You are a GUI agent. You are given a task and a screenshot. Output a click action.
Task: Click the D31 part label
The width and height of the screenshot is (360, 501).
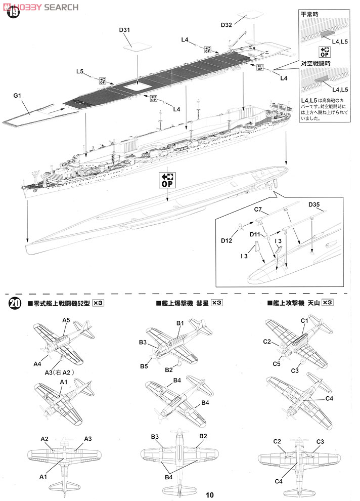point(125,30)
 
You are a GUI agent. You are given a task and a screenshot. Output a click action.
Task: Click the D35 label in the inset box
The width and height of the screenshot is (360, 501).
point(316,204)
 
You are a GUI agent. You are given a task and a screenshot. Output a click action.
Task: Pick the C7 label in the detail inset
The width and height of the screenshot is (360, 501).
point(257,208)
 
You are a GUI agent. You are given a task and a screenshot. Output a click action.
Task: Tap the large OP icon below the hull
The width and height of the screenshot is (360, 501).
point(167,180)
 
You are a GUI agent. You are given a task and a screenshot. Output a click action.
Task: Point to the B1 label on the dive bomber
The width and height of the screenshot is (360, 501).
point(179,322)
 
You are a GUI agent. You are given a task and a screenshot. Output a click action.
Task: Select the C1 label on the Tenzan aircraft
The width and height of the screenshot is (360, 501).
point(304,320)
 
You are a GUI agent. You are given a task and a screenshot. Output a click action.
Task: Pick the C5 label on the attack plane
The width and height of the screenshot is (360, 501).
point(277,363)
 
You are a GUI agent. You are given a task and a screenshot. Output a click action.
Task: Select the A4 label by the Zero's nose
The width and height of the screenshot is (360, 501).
point(37,363)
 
